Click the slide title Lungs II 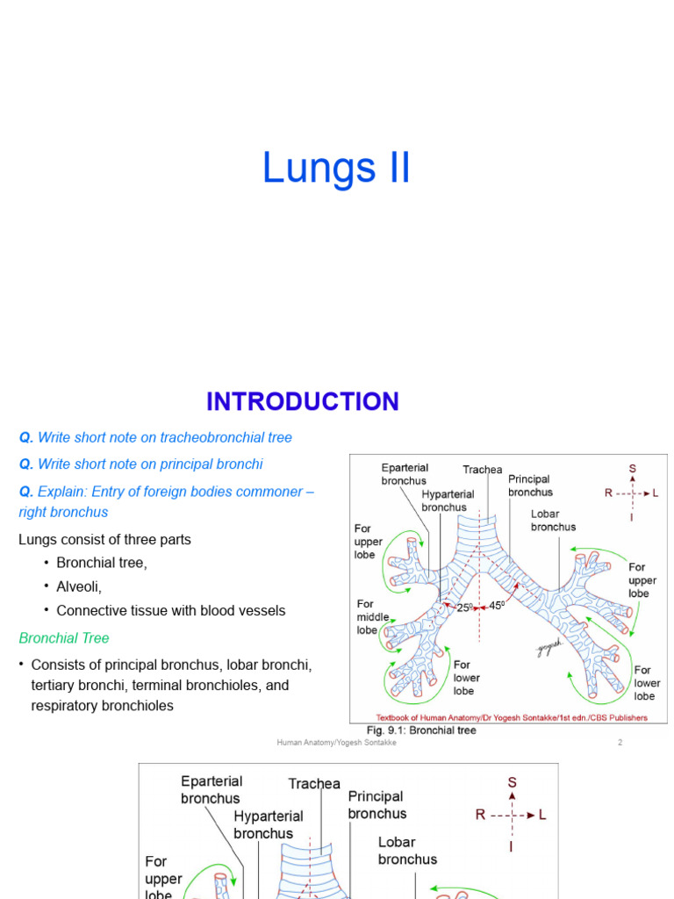click(x=336, y=168)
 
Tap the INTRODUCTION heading click(x=302, y=402)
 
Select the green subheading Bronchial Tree click(x=64, y=638)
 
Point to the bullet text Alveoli click(x=79, y=586)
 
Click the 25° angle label click(x=464, y=607)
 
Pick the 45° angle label click(x=497, y=605)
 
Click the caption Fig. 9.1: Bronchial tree click(x=421, y=730)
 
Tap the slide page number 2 click(x=620, y=743)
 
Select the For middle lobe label click(x=368, y=617)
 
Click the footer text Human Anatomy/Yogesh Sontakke click(x=337, y=743)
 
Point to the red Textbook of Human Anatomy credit click(x=512, y=717)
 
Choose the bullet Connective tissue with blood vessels click(x=170, y=611)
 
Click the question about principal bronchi click(x=140, y=464)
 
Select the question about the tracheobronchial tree click(x=155, y=437)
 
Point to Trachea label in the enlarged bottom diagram click(x=314, y=783)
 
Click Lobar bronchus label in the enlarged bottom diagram click(x=407, y=850)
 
